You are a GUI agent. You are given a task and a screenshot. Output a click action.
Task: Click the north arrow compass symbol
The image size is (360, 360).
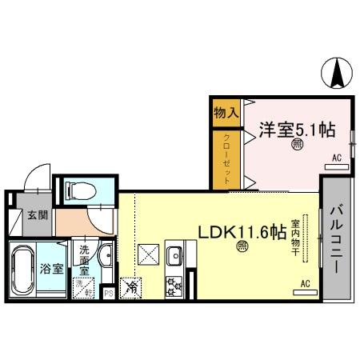[x=337, y=74]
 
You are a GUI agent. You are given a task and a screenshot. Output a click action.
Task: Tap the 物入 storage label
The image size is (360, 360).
[x=226, y=114]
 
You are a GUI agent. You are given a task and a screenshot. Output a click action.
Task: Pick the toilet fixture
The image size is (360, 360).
[x=80, y=190]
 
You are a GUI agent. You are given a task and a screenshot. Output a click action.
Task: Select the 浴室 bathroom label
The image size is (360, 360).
[x=51, y=269]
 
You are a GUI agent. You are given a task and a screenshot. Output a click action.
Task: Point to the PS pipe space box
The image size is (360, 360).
[x=110, y=293]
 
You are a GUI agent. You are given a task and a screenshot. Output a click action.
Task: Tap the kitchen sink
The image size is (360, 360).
[x=174, y=256]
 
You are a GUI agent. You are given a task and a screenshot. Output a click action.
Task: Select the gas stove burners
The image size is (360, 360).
[x=174, y=286]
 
